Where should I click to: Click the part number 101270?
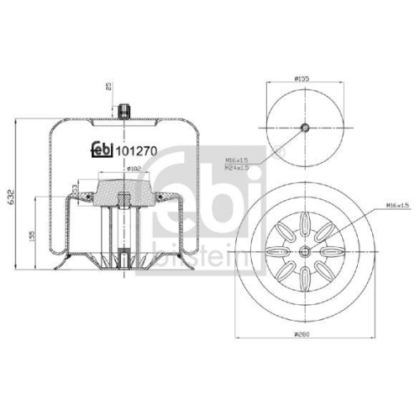pyautogui.click(x=135, y=151)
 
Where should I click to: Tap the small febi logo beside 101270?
pyautogui.click(x=101, y=150)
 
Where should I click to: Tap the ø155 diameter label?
pyautogui.click(x=305, y=79)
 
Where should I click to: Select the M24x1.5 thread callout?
pyautogui.click(x=237, y=168)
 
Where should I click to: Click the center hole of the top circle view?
pyautogui.click(x=305, y=128)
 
